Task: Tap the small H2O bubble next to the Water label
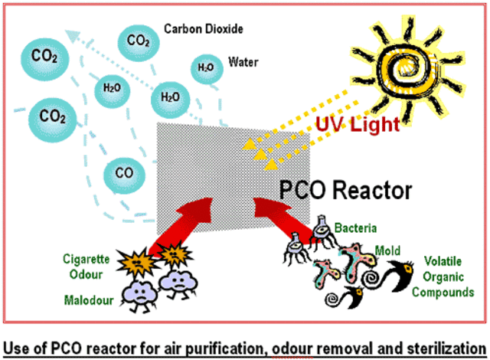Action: point(205,67)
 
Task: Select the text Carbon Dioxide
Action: point(204,29)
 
